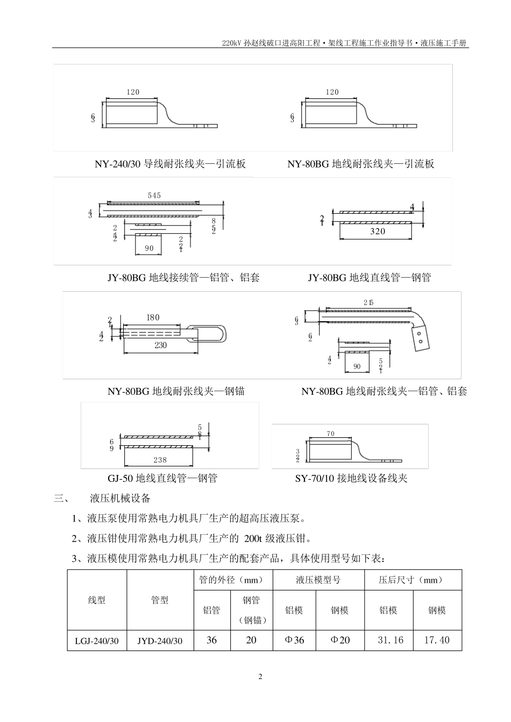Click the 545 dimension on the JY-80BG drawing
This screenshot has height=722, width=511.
(x=154, y=196)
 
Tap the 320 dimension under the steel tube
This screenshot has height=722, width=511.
(x=378, y=232)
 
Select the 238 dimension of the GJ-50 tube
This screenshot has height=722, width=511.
(x=160, y=460)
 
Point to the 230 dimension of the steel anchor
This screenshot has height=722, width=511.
(x=160, y=345)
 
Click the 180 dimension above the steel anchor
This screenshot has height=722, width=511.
(x=153, y=317)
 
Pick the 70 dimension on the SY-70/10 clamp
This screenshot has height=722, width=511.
(x=330, y=434)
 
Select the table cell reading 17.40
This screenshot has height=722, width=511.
(x=437, y=640)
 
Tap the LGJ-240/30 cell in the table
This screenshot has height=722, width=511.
(x=97, y=640)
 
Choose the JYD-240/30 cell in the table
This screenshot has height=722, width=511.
(x=160, y=640)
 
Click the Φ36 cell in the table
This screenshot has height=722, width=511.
(x=294, y=640)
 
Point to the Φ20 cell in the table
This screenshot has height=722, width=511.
(x=339, y=640)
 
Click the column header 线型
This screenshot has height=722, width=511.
(x=97, y=600)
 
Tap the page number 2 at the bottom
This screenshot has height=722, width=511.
(x=260, y=676)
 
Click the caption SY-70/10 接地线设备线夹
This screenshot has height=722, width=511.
(x=351, y=478)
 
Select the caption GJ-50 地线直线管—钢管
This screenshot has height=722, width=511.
(x=162, y=478)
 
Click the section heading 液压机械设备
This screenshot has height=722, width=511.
(x=120, y=499)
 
